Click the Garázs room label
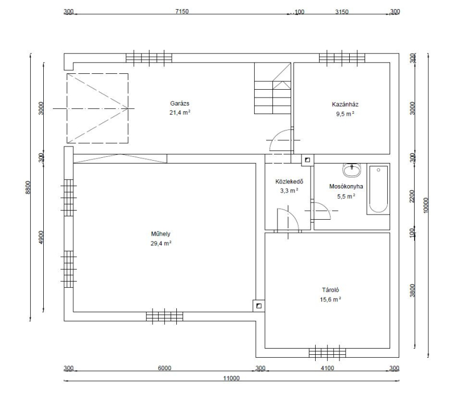coord(180,103)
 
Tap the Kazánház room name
coord(345,104)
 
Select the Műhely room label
coord(160,234)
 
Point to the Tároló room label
coord(330,290)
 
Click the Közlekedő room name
coord(289,182)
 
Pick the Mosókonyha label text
coord(346,186)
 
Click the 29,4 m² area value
coord(161,244)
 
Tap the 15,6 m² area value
coord(330,299)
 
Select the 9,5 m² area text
coord(345,114)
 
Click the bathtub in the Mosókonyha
coord(378,189)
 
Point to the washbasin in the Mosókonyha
coord(352,170)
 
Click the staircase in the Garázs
coord(272,89)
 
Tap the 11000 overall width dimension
coord(231,378)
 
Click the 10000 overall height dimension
coord(425,205)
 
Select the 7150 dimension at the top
coord(182,11)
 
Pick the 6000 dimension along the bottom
coord(164,368)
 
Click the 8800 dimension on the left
coord(27,187)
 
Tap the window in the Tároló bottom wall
coord(328,353)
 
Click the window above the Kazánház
coord(342,56)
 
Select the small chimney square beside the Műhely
coord(259,305)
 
